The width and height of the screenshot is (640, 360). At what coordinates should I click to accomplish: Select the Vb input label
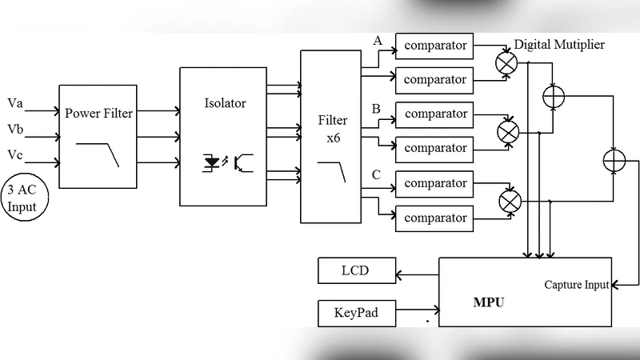pos(15,128)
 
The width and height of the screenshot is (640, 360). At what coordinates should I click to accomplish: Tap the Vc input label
pos(15,154)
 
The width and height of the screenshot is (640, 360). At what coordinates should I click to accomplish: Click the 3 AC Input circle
pos(22,197)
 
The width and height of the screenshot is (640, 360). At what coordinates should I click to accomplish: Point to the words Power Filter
pos(98,113)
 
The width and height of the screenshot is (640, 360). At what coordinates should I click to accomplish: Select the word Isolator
pos(226,103)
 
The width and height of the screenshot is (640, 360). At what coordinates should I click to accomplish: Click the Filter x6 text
pos(333,128)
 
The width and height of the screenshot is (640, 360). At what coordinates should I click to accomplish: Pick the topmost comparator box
pos(434,46)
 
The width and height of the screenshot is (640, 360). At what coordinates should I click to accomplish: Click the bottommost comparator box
pos(434,218)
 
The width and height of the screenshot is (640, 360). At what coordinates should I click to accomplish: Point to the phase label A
pos(377,40)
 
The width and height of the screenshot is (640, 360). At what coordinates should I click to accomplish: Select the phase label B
pos(375,108)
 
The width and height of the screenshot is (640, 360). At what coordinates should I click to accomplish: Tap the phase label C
pos(375,174)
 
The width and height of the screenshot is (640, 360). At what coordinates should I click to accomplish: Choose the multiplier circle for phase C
pos(509,200)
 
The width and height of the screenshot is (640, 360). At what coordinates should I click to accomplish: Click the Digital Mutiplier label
pos(559,45)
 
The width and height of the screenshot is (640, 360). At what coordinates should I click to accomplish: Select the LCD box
pos(356,270)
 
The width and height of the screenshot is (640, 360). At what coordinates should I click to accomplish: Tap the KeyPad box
pos(356,313)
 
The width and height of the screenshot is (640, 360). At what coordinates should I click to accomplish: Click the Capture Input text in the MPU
pos(576,285)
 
